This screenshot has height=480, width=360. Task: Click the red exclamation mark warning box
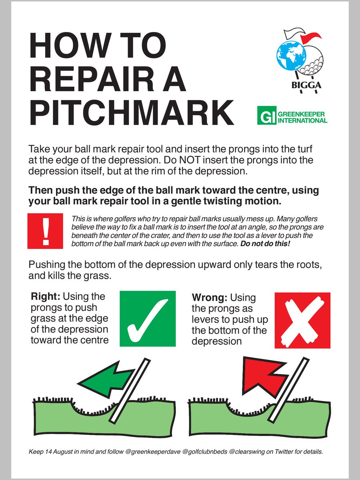45,231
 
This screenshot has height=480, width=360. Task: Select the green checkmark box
148,318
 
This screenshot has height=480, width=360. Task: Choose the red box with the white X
302,320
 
